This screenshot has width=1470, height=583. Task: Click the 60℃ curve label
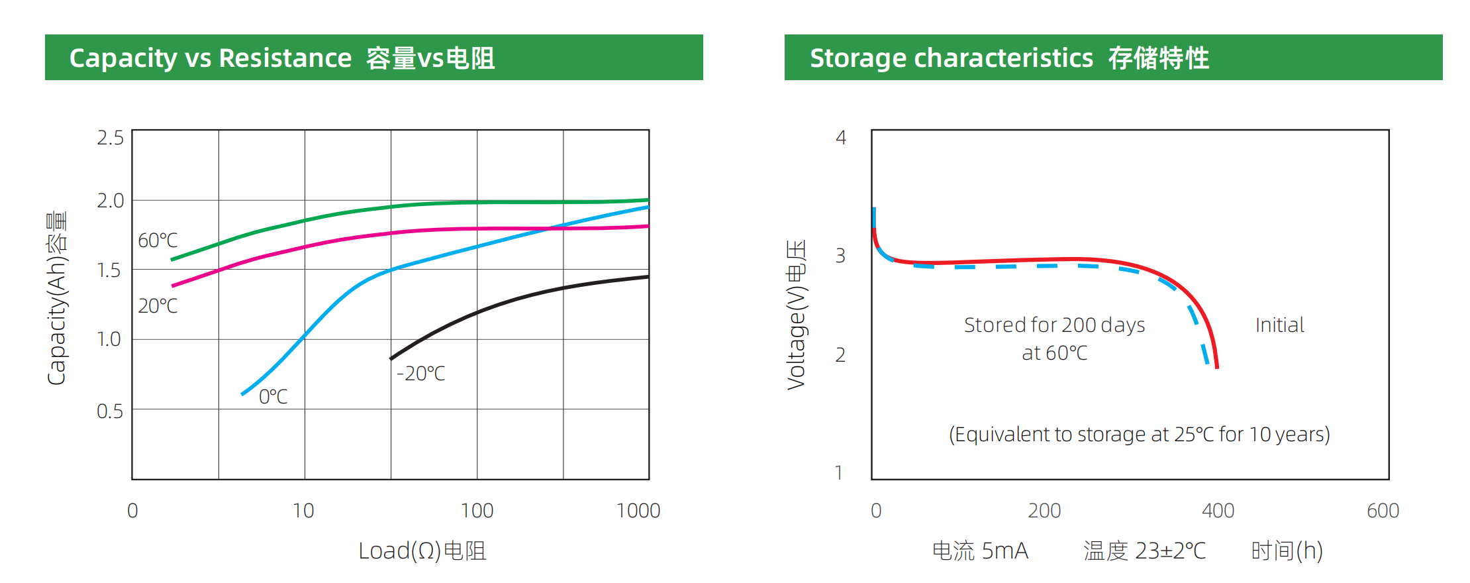click(x=158, y=240)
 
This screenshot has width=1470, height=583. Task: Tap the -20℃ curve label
click(x=420, y=374)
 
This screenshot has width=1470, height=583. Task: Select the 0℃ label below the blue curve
click(x=273, y=397)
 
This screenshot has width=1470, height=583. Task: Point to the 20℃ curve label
click(x=158, y=306)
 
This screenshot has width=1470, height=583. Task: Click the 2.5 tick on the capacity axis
click(x=110, y=138)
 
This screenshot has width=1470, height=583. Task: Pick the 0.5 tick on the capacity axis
click(x=110, y=411)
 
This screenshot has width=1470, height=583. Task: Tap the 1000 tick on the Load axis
click(x=638, y=511)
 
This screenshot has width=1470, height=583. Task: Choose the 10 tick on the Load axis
click(x=303, y=511)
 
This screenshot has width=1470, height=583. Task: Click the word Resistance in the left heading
click(x=285, y=58)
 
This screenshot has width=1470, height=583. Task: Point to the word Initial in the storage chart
click(x=1279, y=325)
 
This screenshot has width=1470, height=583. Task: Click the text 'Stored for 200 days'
click(x=1054, y=325)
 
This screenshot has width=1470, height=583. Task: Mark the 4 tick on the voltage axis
click(x=841, y=138)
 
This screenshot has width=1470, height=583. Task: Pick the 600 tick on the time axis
click(x=1383, y=511)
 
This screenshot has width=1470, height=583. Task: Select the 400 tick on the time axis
click(x=1218, y=511)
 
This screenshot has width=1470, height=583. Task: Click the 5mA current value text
click(x=1004, y=551)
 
